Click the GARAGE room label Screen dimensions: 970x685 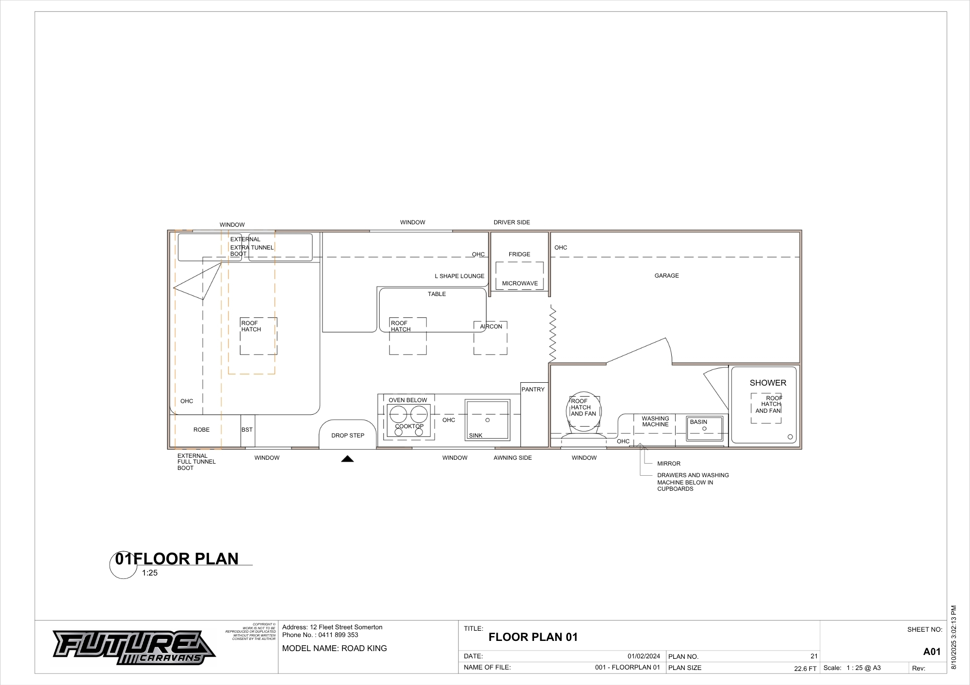pos(666,276)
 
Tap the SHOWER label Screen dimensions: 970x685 pos(768,383)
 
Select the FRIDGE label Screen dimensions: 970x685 pos(519,254)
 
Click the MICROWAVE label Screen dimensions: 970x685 pos(520,283)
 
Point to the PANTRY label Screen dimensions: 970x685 pos(533,389)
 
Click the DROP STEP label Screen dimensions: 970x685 pos(348,436)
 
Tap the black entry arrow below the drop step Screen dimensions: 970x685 pos(347,459)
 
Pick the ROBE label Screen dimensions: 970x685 pos(202,430)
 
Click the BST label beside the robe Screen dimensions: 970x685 pos(247,430)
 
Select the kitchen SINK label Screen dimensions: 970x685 pos(476,436)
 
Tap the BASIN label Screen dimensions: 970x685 pos(698,422)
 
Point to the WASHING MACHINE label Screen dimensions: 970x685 pos(655,421)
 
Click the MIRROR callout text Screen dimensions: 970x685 pos(669,464)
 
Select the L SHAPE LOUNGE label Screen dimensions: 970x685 pos(459,276)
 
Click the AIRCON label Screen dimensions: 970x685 pos(491,327)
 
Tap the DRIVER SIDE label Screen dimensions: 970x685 pos(512,222)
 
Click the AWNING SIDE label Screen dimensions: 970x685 pos(513,458)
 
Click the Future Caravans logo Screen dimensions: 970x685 pos(134,647)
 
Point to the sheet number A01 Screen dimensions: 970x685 pos(932,652)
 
